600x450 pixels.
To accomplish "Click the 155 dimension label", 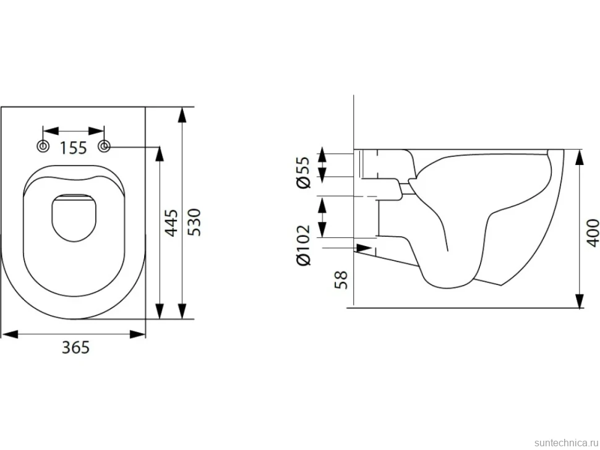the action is (x=74, y=148).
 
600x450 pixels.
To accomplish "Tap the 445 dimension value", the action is (x=171, y=223).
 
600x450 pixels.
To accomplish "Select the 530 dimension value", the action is (x=194, y=223).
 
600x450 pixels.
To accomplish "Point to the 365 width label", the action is (x=75, y=347).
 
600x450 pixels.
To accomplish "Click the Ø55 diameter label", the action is (x=304, y=172).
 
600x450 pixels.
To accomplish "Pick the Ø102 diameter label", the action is (x=304, y=245).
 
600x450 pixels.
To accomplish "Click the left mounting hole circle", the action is (x=43, y=146).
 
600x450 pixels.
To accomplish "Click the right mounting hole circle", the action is (x=105, y=146).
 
